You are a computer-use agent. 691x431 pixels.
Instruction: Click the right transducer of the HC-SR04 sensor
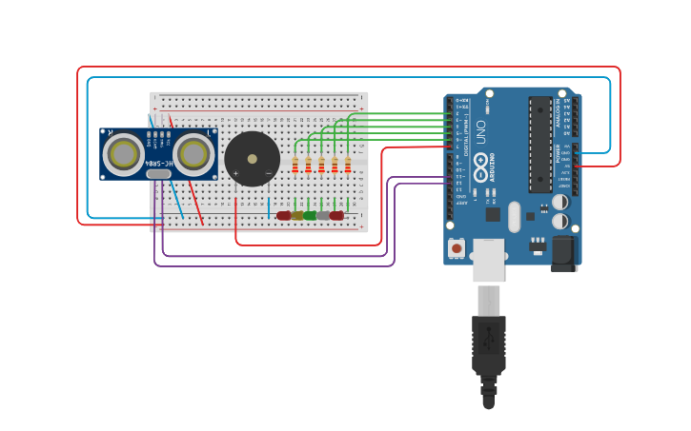pyautogui.click(x=193, y=153)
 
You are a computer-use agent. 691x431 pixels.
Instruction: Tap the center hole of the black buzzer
pyautogui.click(x=253, y=159)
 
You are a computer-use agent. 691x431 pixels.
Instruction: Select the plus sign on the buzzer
pyautogui.click(x=235, y=173)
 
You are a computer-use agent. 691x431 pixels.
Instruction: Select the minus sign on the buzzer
pyautogui.click(x=268, y=173)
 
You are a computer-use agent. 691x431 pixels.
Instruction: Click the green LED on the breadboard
pyautogui.click(x=310, y=215)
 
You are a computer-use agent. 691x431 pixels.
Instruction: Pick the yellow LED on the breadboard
pyautogui.click(x=296, y=215)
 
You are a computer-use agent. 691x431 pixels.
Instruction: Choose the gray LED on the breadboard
pyautogui.click(x=323, y=215)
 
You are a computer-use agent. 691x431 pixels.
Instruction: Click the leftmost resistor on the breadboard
pyautogui.click(x=295, y=167)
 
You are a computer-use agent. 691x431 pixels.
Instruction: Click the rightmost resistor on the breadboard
pyautogui.click(x=348, y=167)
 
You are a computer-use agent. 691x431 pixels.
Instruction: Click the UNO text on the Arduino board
pyautogui.click(x=480, y=132)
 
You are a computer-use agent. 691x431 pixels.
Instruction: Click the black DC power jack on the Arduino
pyautogui.click(x=563, y=252)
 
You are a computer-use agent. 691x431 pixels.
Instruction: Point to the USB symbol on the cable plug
pyautogui.click(x=489, y=337)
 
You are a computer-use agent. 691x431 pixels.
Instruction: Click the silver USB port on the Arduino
pyautogui.click(x=489, y=260)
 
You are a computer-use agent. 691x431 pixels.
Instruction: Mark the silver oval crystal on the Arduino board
pyautogui.click(x=515, y=216)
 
